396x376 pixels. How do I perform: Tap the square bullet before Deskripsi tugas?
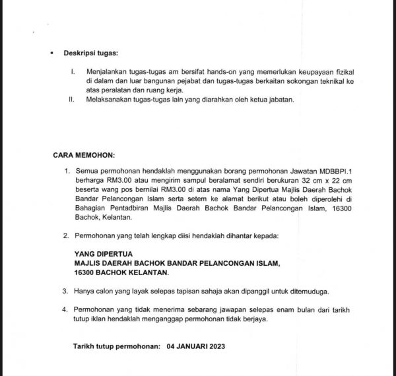52,52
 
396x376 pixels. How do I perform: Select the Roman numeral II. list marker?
72,100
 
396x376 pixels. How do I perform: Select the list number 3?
65,290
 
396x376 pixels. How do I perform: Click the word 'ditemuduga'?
306,290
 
